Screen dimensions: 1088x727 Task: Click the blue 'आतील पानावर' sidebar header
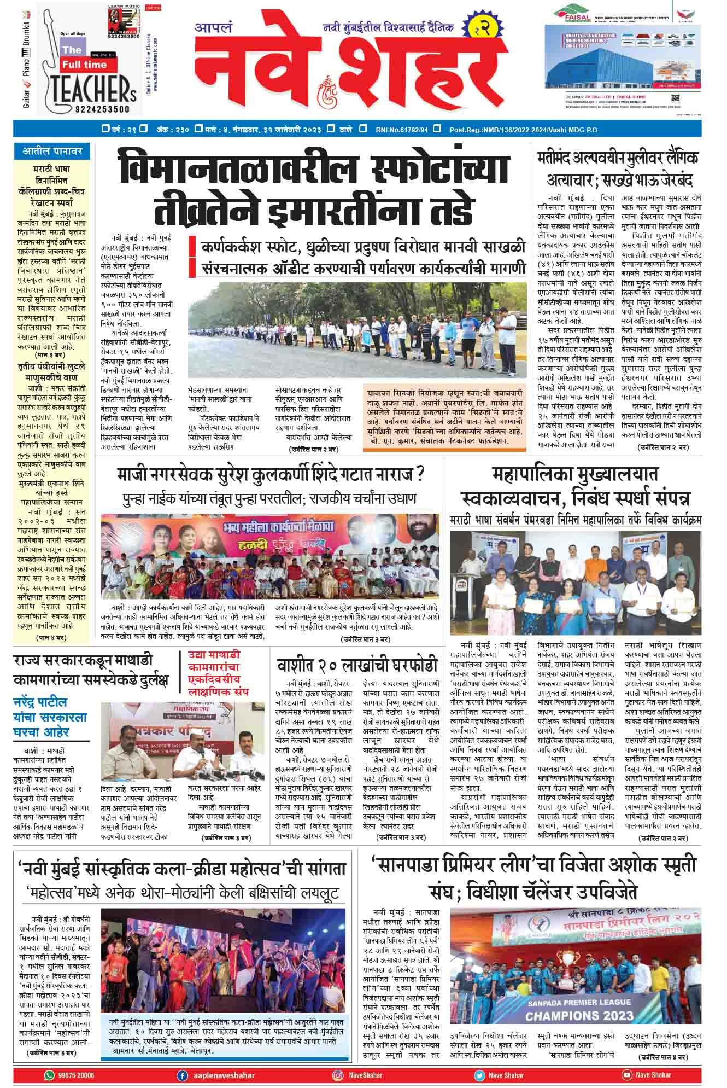click(x=52, y=151)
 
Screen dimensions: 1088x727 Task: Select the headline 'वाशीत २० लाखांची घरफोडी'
click(x=357, y=666)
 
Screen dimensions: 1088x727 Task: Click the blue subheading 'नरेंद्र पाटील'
click(x=40, y=702)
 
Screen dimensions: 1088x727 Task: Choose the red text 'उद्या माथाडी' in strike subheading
click(x=214, y=655)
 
